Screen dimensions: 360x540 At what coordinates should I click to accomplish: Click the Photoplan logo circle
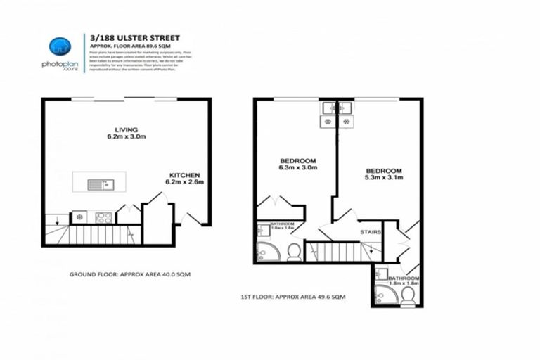(x=60, y=47)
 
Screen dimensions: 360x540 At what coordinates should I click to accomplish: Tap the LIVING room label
(x=127, y=129)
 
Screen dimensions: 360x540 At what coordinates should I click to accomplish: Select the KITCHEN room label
(x=186, y=174)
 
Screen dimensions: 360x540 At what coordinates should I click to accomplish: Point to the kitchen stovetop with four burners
(x=103, y=217)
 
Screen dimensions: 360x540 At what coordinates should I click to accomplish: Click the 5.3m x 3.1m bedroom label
(x=383, y=178)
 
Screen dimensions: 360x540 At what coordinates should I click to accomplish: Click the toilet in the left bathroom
(x=294, y=252)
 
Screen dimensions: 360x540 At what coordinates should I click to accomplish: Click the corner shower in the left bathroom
(x=266, y=251)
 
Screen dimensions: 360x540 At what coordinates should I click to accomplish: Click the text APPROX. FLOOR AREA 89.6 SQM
(x=129, y=47)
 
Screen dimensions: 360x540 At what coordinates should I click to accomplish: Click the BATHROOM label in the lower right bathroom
(x=404, y=278)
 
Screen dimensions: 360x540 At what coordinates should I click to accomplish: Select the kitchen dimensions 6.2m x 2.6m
(x=186, y=181)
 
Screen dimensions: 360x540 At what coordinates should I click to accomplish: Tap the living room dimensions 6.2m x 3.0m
(x=127, y=136)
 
